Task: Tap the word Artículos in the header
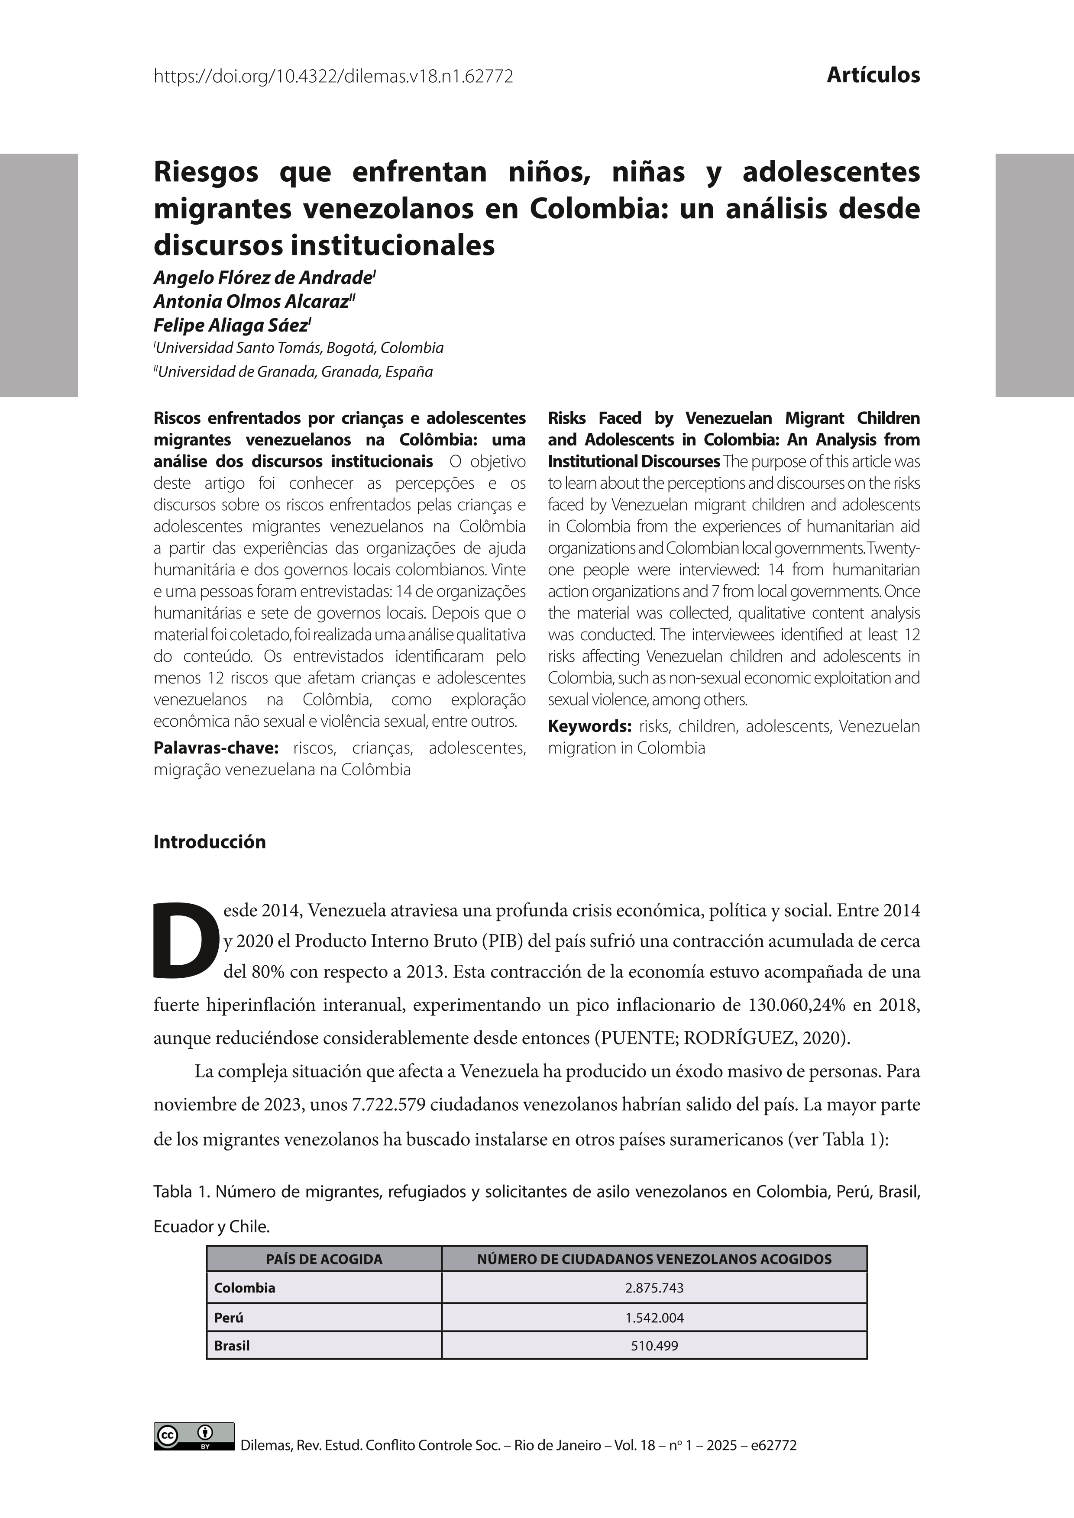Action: click(x=873, y=75)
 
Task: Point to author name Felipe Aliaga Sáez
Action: click(x=231, y=326)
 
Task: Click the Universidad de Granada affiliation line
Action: click(x=294, y=371)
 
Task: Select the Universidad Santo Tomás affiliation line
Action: click(x=299, y=348)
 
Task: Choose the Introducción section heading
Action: click(x=210, y=841)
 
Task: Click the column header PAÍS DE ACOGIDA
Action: click(x=324, y=1259)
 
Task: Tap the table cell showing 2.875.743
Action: click(x=654, y=1288)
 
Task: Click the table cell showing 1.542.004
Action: click(x=654, y=1317)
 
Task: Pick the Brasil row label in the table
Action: click(x=232, y=1345)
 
